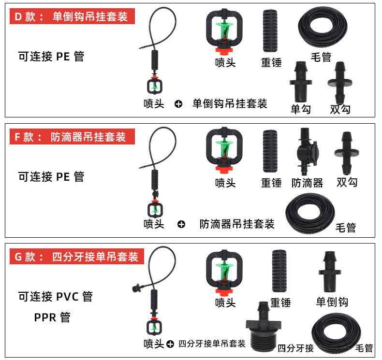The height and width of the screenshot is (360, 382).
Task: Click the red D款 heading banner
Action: coord(72,16)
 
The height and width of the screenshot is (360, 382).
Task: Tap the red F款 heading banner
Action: coord(72,137)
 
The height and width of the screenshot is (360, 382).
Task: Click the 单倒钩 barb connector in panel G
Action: coord(330,272)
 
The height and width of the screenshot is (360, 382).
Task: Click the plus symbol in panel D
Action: coord(178,104)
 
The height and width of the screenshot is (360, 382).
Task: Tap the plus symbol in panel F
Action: coord(181,224)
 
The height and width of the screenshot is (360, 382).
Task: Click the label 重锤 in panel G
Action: coord(280,302)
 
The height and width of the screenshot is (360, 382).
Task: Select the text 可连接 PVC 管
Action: coord(55,296)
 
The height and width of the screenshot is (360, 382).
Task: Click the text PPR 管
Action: coord(52,317)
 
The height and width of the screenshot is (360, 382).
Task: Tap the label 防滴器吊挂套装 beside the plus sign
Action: coord(237,224)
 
